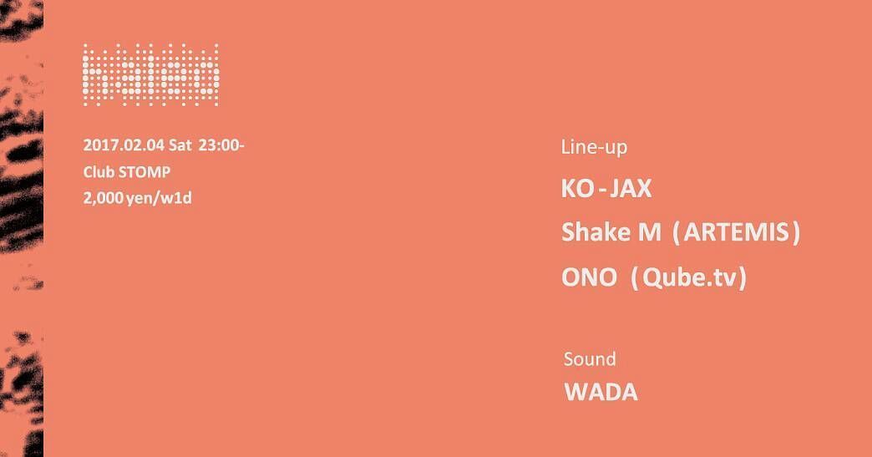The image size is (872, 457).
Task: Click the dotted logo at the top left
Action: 150,75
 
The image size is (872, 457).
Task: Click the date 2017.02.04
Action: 124,145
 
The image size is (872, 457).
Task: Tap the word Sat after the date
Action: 180,145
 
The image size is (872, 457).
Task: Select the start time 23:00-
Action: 221,145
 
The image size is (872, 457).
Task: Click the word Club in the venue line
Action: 99,172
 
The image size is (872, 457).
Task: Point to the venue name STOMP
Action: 144,172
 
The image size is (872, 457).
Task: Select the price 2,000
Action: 103,198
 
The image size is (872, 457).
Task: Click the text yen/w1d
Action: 159,199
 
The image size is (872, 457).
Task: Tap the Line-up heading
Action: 594,147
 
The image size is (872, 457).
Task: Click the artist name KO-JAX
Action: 606,189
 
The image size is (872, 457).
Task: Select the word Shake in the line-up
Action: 596,231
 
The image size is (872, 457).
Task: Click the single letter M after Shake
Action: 650,232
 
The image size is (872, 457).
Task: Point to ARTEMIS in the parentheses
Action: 737,232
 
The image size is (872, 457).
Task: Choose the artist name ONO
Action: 589,277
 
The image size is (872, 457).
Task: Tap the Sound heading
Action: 590,359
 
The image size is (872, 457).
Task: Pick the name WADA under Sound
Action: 601,392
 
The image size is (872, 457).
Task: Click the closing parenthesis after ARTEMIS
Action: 796,233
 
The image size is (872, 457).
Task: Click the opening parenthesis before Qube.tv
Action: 636,278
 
